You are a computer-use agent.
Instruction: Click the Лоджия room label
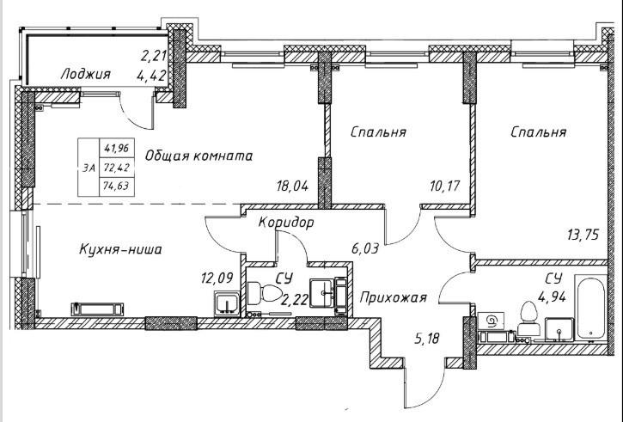point(86,74)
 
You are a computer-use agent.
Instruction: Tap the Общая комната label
point(199,156)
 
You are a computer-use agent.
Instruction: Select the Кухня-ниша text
point(120,249)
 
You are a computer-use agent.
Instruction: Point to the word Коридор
point(286,223)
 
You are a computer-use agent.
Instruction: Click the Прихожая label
point(393,298)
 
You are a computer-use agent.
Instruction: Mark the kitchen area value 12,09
point(217,278)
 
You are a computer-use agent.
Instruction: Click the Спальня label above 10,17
point(378,132)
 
